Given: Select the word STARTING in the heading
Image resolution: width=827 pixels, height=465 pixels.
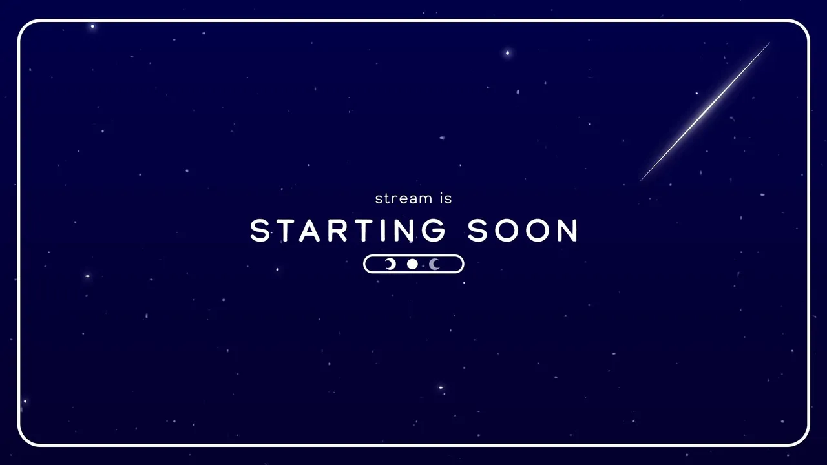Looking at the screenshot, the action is click(x=348, y=231).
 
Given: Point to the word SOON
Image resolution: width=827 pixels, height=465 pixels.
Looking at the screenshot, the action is click(x=523, y=231).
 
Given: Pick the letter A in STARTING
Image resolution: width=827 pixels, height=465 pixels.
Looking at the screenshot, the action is click(x=309, y=231).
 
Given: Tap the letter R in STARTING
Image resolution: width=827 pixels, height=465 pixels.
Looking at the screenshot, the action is click(x=337, y=231).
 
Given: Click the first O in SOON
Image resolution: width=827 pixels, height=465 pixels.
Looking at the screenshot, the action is click(x=507, y=231).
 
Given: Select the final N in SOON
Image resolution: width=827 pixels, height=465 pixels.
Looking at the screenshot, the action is click(x=568, y=231).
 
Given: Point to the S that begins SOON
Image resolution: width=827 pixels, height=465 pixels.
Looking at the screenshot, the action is click(x=477, y=231).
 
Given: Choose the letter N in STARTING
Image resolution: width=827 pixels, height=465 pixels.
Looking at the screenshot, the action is click(x=403, y=231).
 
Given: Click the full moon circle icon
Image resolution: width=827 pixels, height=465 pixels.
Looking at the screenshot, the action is click(x=412, y=264).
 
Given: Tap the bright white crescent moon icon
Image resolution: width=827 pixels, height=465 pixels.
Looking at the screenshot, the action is click(x=392, y=264).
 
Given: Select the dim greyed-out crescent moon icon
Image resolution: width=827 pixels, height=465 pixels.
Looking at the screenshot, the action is click(x=433, y=264).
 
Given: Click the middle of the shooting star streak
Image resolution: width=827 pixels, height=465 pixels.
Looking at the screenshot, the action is click(x=705, y=112).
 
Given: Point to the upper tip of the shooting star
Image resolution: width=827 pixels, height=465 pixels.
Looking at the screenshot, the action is click(x=770, y=43).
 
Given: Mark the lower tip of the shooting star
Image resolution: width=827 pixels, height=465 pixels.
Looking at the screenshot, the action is click(x=640, y=181).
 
